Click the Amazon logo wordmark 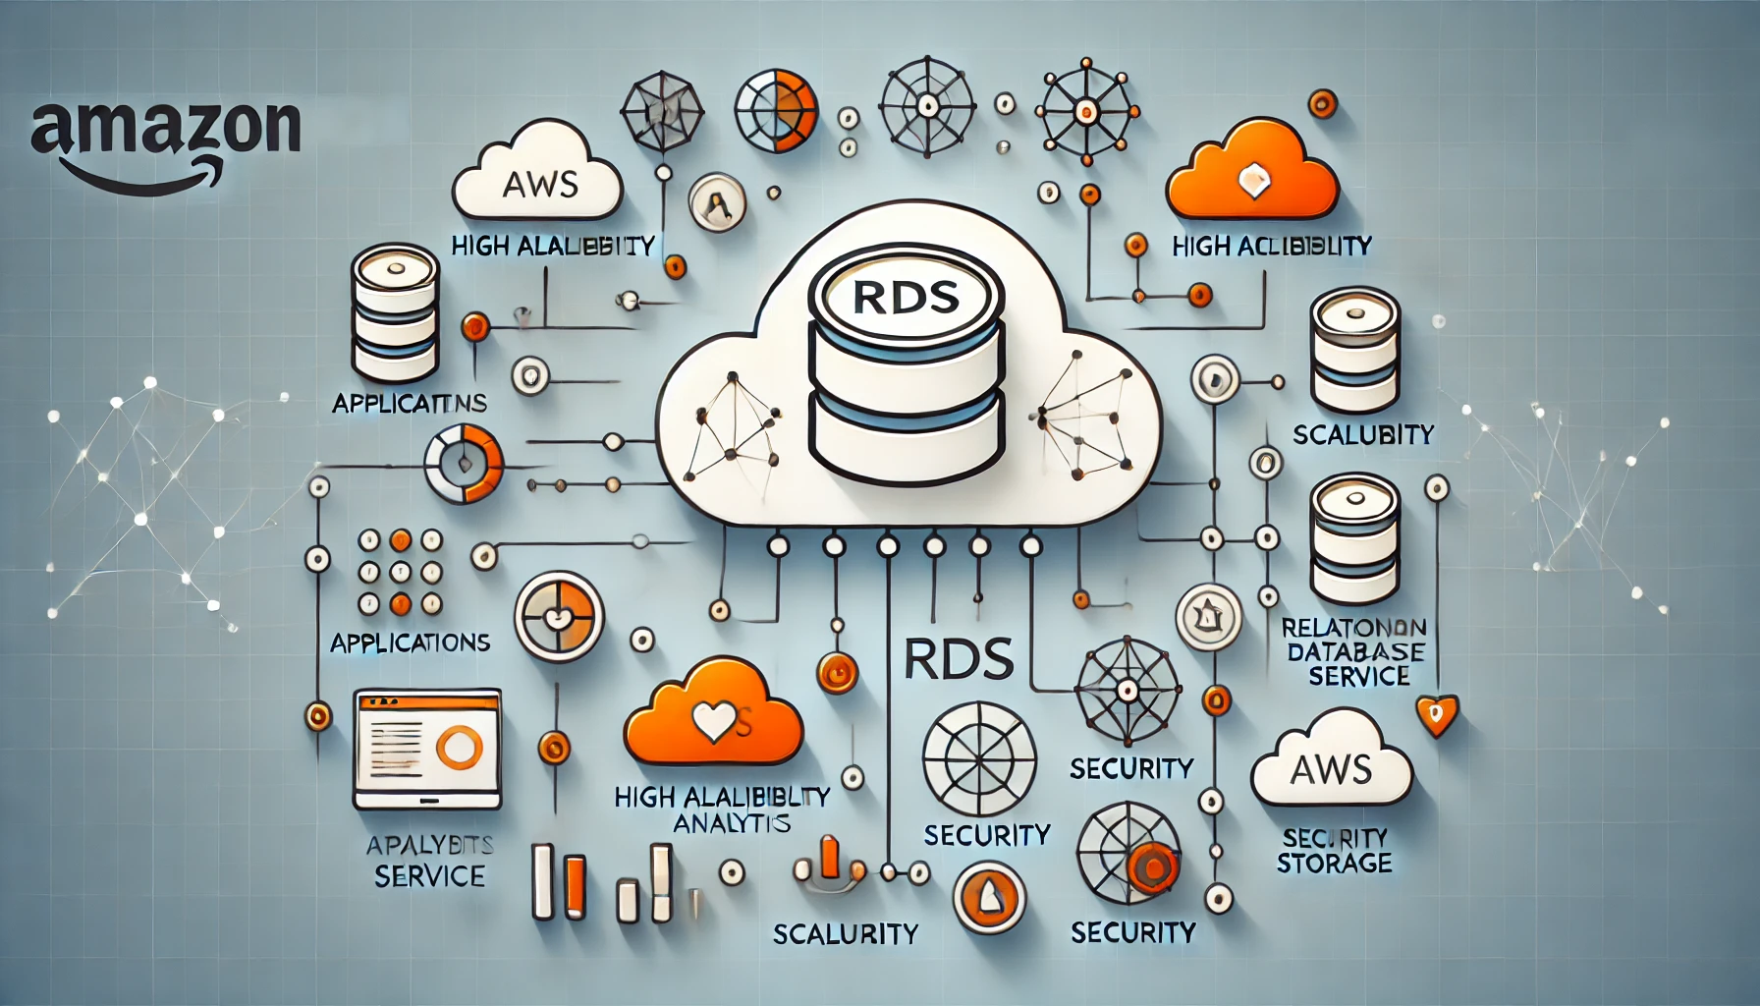pyautogui.click(x=165, y=133)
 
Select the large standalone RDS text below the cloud pyautogui.click(x=958, y=659)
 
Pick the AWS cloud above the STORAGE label pyautogui.click(x=1331, y=763)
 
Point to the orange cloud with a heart pyautogui.click(x=713, y=714)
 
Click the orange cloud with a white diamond pyautogui.click(x=1253, y=175)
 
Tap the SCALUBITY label pyautogui.click(x=1363, y=434)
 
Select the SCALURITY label pyautogui.click(x=845, y=933)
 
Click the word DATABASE pyautogui.click(x=1355, y=651)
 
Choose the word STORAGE pyautogui.click(x=1334, y=863)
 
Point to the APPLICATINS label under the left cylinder pyautogui.click(x=410, y=403)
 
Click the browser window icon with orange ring pyautogui.click(x=427, y=749)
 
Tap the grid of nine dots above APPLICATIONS pyautogui.click(x=400, y=571)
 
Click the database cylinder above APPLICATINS pyautogui.click(x=395, y=312)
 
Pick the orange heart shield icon pyautogui.click(x=1436, y=714)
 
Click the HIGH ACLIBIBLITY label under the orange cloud pyautogui.click(x=1271, y=246)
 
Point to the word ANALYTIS pyautogui.click(x=731, y=822)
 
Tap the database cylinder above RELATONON pyautogui.click(x=1354, y=537)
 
